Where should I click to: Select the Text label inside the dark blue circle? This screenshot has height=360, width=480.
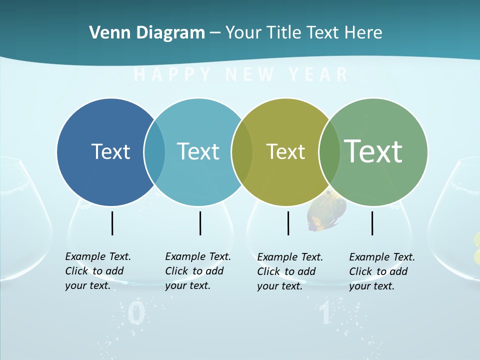110,151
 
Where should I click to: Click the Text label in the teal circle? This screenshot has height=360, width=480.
198,151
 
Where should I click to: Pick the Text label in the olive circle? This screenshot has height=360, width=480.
285,152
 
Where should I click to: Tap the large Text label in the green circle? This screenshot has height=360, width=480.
373,151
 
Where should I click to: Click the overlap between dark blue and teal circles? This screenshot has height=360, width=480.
154,151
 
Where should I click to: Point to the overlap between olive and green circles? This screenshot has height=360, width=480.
329,152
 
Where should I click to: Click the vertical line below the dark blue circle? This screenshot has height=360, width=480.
112,223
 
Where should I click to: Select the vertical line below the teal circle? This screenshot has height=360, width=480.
200,223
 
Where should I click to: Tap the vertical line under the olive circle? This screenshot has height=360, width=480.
288,223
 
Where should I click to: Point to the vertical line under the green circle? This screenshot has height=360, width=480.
372,223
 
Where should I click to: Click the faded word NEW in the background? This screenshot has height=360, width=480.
250,75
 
